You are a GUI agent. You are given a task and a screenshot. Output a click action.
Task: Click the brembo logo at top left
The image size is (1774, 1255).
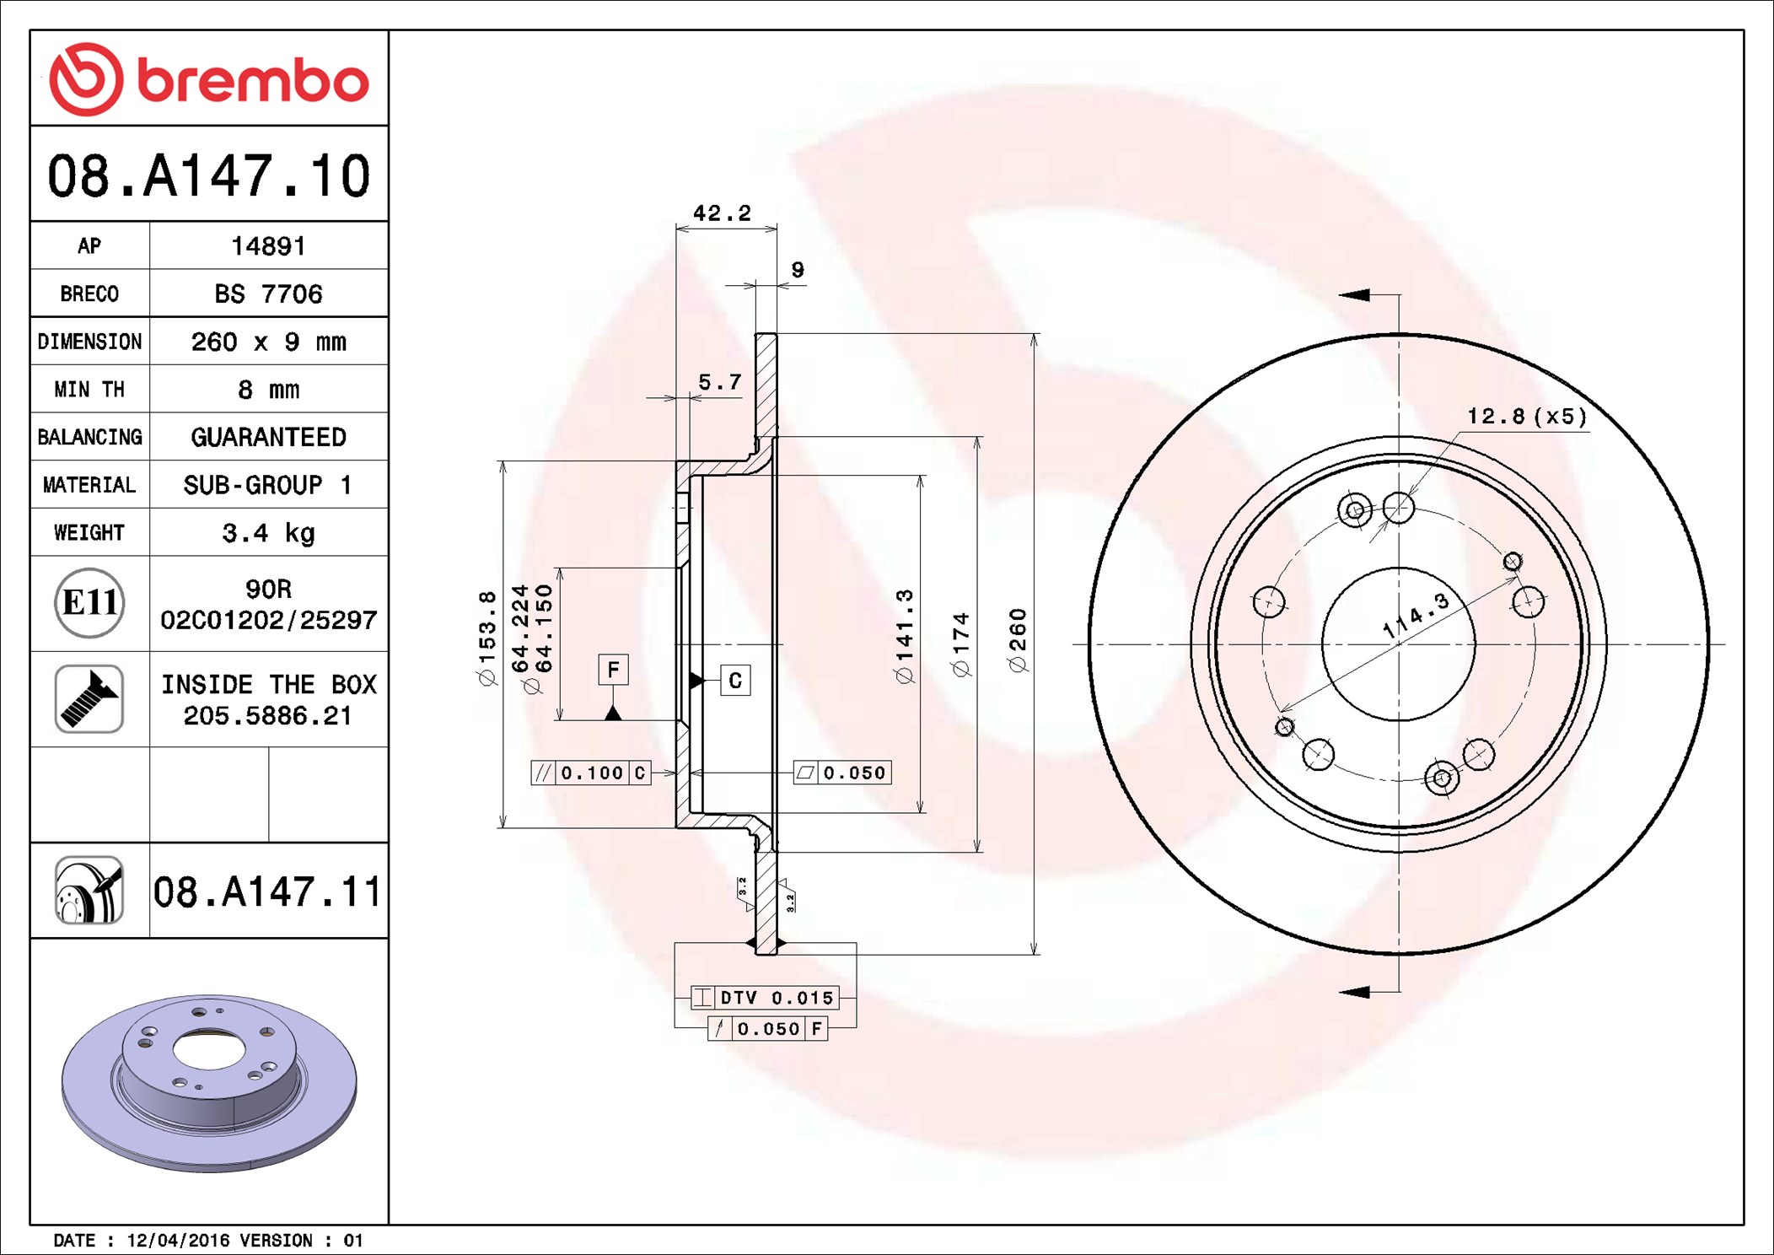pyautogui.click(x=209, y=79)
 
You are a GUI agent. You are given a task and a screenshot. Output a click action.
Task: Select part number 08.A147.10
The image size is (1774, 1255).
pyautogui.click(x=209, y=175)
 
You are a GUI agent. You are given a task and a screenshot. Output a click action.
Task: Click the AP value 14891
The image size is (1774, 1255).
pyautogui.click(x=268, y=245)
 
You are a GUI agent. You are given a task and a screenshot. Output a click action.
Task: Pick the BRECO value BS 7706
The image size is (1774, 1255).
pyautogui.click(x=268, y=294)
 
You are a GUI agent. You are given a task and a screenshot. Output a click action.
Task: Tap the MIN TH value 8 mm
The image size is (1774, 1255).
pyautogui.click(x=268, y=390)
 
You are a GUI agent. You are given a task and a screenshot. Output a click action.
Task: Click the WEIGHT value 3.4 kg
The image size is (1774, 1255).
pyautogui.click(x=268, y=533)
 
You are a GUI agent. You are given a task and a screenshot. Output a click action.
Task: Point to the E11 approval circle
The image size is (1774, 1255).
pyautogui.click(x=89, y=603)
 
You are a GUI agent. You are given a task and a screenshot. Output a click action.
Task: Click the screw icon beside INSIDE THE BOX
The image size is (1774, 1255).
pyautogui.click(x=89, y=698)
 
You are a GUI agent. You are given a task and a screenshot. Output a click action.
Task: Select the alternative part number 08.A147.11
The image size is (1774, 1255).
pyautogui.click(x=267, y=891)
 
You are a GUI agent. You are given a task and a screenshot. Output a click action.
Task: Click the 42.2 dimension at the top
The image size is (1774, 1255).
pyautogui.click(x=722, y=213)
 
